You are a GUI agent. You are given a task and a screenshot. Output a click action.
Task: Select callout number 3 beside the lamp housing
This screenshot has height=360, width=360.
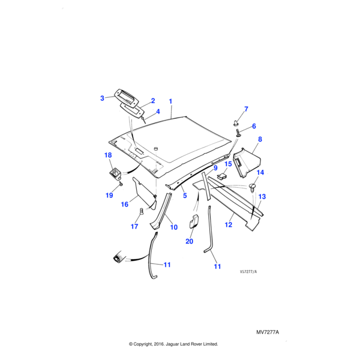coord(102,97)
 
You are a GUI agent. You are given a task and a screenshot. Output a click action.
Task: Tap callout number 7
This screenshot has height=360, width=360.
coord(245,109)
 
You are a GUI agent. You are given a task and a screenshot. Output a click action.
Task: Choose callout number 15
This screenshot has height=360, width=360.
coord(228,164)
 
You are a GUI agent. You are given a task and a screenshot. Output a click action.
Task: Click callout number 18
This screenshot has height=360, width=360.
coord(108,155)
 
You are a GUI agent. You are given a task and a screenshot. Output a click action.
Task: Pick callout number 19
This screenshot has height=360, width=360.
coord(109,195)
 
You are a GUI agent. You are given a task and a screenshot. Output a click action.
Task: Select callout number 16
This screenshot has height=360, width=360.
coord(125,205)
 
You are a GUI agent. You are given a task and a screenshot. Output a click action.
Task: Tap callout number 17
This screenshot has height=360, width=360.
coord(135,227)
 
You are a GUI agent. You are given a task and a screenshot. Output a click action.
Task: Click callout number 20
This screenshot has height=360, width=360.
coord(190,241)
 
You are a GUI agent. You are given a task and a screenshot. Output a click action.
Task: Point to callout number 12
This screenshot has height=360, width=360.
coord(229,224)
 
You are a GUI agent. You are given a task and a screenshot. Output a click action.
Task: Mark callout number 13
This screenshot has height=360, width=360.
coord(262,196)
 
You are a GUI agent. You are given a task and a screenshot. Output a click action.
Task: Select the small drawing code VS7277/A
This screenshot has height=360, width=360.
coord(248,271)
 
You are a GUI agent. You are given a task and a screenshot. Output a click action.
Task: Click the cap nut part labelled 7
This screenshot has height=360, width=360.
coord(236,123)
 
